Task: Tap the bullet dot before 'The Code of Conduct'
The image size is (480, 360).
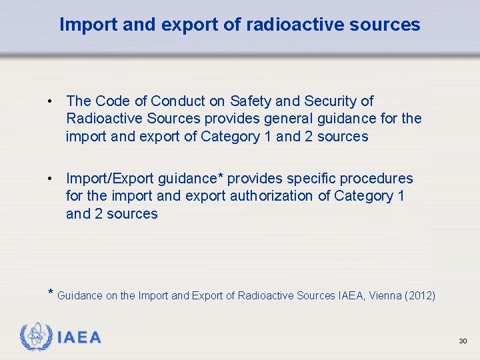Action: pyautogui.click(x=50, y=102)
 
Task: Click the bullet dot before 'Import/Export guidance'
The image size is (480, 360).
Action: pyautogui.click(x=50, y=179)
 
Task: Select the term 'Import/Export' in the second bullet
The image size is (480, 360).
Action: pyautogui.click(x=109, y=179)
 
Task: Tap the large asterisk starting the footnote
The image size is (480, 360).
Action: pyautogui.click(x=51, y=293)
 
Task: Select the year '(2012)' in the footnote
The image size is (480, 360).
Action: pyautogui.click(x=420, y=295)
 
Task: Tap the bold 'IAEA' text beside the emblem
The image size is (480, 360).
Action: pyautogui.click(x=79, y=338)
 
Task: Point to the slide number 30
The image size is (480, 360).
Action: pyautogui.click(x=463, y=341)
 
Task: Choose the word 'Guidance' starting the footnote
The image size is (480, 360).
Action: pyautogui.click(x=80, y=295)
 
